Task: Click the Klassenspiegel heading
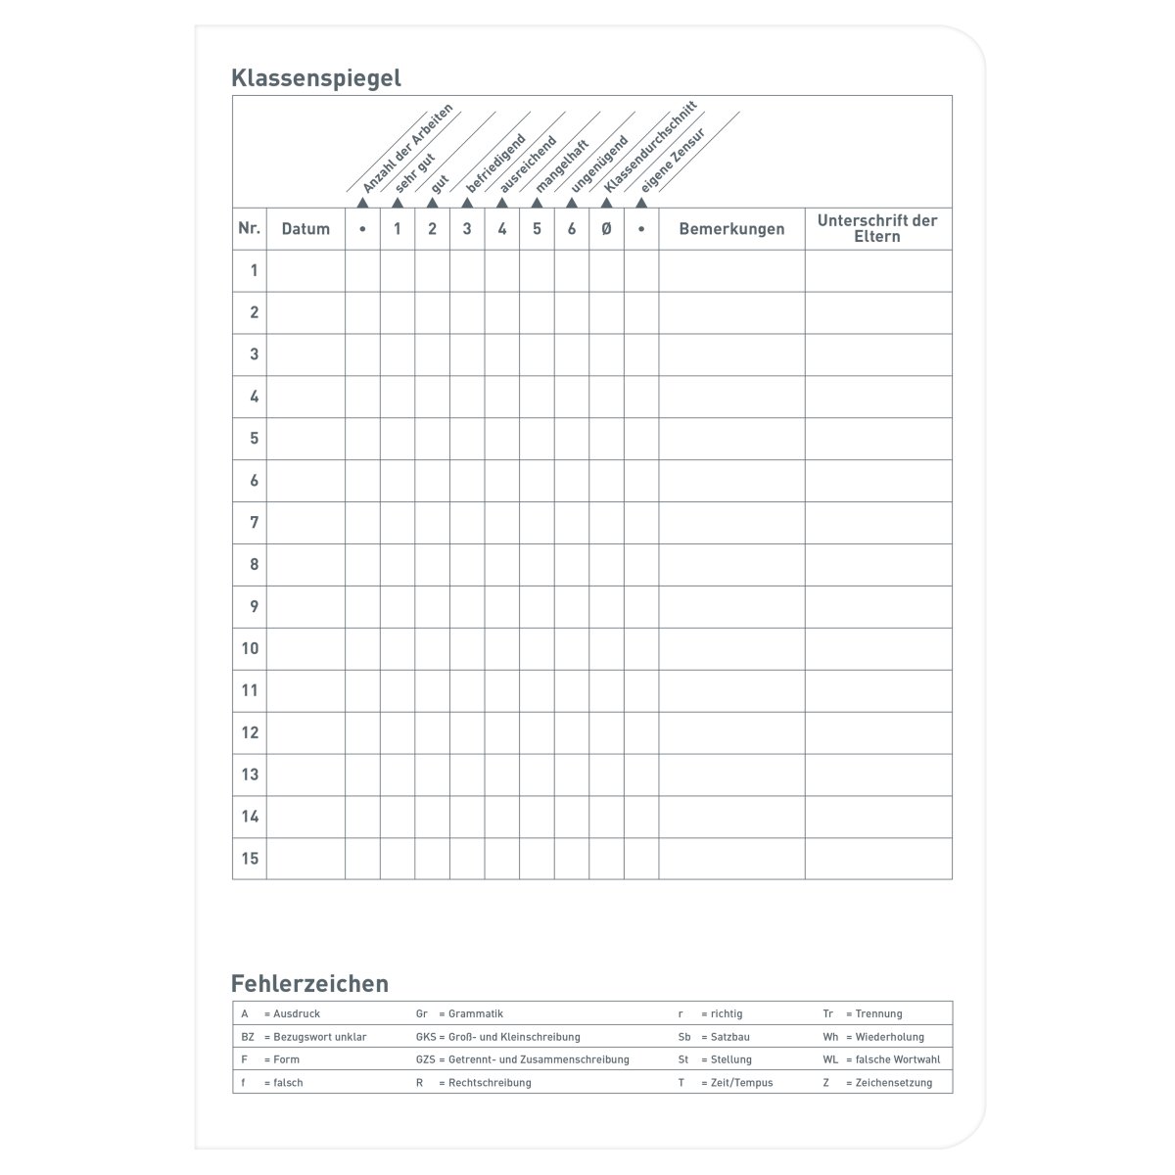315,78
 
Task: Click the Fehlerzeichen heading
309,983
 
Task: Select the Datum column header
305,229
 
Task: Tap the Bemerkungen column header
731,229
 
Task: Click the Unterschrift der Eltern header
877,228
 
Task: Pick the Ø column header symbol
606,229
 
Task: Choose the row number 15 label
250,859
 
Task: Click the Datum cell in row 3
305,354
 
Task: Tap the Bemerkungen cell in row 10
731,648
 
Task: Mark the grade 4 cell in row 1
502,271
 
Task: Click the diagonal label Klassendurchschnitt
650,147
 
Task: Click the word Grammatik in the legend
476,1013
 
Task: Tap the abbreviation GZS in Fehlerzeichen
426,1059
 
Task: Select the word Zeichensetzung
893,1083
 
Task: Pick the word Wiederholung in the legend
889,1037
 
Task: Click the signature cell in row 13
877,775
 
